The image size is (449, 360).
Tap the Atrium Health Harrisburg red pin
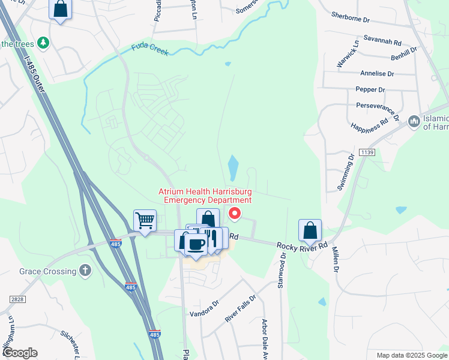[x=235, y=213]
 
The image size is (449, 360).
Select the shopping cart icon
[x=145, y=221]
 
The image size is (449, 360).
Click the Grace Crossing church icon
[x=85, y=271]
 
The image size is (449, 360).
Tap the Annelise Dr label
[x=377, y=74]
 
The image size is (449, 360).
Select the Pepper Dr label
[x=370, y=89]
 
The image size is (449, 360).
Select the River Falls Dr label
[x=240, y=308]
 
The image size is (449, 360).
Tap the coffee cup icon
[x=196, y=244]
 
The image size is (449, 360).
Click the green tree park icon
[x=43, y=43]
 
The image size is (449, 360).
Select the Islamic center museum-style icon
[x=413, y=122]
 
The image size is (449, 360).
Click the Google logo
[x=20, y=353]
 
